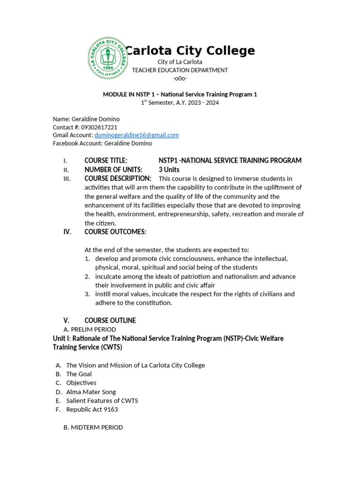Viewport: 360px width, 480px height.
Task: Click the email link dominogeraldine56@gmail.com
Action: coord(136,135)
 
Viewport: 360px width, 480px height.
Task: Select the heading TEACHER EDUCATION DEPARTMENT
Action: coord(180,70)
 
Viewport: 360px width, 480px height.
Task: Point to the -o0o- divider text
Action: coord(180,79)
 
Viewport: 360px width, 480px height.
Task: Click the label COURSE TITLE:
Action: coord(105,161)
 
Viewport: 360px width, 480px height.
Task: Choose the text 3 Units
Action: coord(169,170)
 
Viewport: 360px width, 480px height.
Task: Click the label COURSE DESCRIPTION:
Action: coord(118,179)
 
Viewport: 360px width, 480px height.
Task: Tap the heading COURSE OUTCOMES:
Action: coord(115,232)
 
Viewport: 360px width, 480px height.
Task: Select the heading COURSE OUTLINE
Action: coord(110,321)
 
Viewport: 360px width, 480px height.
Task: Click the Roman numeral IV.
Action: coord(67,232)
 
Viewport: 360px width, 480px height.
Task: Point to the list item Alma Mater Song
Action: coord(91,392)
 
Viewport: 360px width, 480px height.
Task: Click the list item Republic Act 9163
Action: coord(92,410)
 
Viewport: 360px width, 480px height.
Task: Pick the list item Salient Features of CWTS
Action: coord(102,401)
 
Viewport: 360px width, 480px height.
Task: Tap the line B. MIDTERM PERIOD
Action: coord(93,427)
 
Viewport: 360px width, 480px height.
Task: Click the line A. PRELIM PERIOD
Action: coord(90,330)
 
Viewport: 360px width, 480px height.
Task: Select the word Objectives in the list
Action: coord(81,383)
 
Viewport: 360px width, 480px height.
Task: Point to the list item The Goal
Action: coord(79,374)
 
